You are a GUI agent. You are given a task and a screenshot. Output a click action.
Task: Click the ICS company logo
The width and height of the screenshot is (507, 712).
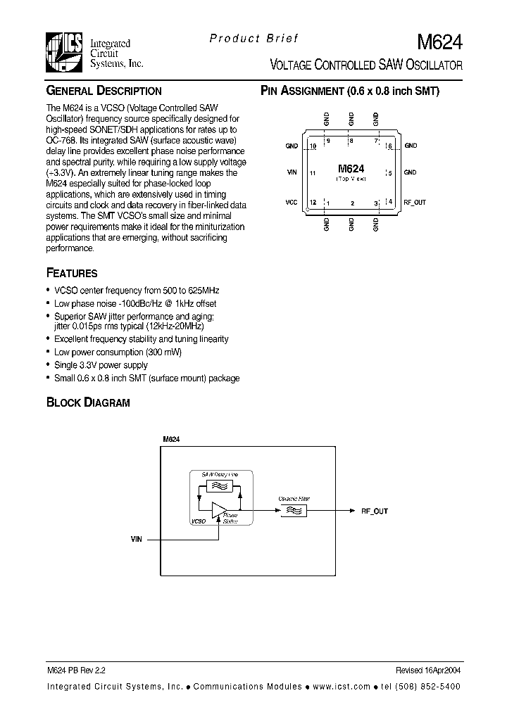[x=65, y=52]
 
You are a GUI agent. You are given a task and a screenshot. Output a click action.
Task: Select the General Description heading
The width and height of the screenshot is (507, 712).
[x=104, y=91]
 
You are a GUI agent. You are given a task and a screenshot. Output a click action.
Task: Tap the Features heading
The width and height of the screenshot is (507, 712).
[x=71, y=273]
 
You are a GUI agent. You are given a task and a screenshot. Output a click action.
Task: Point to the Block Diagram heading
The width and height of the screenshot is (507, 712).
[x=88, y=402]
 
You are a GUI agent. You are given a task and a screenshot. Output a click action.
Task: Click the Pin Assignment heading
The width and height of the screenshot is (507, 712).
[x=350, y=91]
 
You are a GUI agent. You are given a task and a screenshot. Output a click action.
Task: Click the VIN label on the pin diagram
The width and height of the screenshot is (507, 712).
[x=292, y=172]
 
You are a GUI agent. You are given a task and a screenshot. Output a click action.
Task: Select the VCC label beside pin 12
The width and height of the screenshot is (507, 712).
[x=292, y=202]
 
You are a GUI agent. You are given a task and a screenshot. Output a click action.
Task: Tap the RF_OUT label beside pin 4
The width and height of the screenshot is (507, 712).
[x=415, y=202]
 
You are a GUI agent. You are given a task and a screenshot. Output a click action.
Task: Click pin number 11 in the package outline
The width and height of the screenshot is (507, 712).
[x=312, y=172]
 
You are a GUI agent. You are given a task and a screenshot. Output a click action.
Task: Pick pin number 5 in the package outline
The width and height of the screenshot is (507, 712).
[x=389, y=172]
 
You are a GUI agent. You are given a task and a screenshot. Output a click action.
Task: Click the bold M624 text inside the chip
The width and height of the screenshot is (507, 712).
[x=351, y=169]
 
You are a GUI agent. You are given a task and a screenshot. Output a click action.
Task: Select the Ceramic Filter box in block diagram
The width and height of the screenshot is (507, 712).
[x=294, y=511]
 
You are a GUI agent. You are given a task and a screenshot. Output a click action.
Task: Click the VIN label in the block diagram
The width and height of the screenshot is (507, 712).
[x=136, y=538]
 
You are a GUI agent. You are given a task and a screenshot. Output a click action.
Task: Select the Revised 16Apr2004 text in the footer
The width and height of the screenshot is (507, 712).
[x=429, y=672]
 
